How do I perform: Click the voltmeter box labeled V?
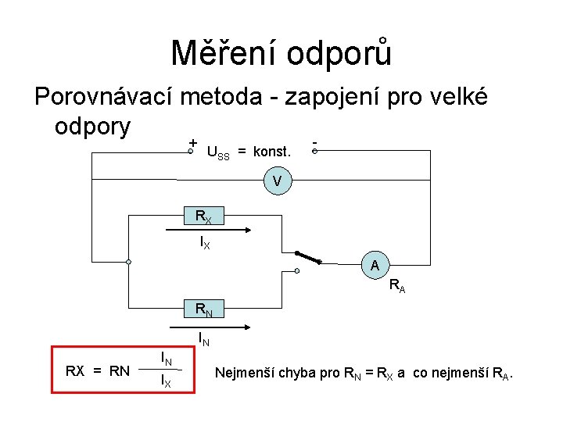click(x=277, y=182)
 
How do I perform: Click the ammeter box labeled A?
click(x=375, y=266)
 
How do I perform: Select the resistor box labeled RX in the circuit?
click(x=203, y=216)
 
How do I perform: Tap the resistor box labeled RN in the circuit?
click(x=203, y=310)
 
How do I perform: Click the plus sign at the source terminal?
click(x=192, y=143)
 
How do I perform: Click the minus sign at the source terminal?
click(x=314, y=143)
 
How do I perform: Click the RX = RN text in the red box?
click(x=97, y=370)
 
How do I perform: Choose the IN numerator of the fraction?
click(x=166, y=359)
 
